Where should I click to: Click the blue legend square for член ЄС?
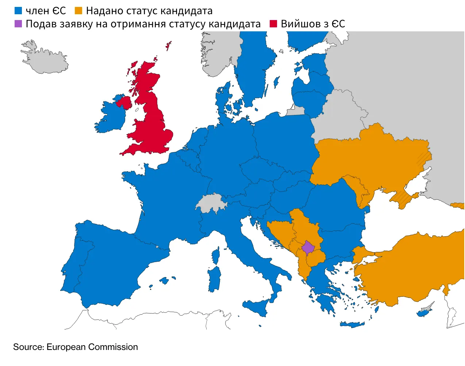point(18,11)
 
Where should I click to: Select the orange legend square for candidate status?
point(78,11)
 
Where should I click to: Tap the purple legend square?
point(18,24)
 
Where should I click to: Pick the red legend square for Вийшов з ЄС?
point(273,24)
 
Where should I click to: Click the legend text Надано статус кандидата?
point(149,11)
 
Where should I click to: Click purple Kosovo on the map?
point(308,248)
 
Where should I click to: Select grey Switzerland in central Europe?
point(211,203)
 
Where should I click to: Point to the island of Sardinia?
point(214,279)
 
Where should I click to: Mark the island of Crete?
point(352,324)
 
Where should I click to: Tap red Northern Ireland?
point(124,102)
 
